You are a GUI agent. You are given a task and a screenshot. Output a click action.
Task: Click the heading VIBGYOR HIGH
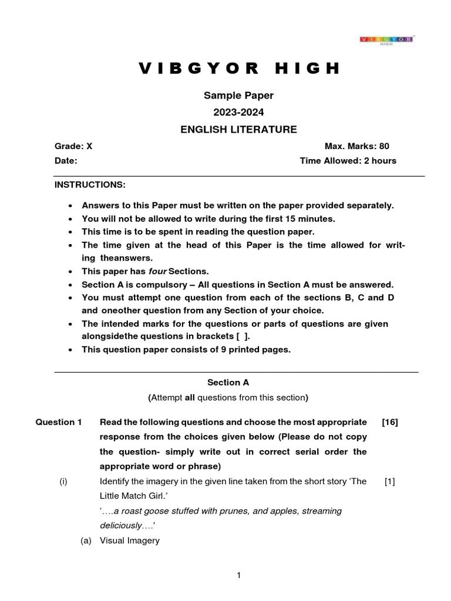click(x=239, y=69)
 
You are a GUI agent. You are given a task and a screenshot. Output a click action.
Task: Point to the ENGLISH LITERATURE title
click(x=238, y=130)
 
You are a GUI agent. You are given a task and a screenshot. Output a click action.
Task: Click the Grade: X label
click(x=73, y=146)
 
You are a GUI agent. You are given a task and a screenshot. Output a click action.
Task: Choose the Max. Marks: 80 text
click(x=357, y=146)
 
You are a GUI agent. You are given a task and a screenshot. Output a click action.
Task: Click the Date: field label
click(x=66, y=160)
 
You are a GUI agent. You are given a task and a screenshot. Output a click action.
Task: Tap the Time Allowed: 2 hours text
click(x=348, y=160)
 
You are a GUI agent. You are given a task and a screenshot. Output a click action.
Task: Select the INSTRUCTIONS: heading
click(x=90, y=184)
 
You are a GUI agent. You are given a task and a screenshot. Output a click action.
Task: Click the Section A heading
click(x=228, y=382)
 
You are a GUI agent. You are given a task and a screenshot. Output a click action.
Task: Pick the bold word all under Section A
click(x=190, y=397)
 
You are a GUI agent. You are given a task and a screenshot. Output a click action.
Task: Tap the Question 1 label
click(x=59, y=422)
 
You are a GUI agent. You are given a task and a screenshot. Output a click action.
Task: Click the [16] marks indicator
click(x=389, y=422)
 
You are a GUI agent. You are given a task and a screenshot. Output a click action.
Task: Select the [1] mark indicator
click(x=390, y=481)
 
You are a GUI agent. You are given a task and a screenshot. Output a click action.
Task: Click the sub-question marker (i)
click(x=63, y=481)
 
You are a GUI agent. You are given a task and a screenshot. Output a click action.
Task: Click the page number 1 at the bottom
click(x=238, y=576)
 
